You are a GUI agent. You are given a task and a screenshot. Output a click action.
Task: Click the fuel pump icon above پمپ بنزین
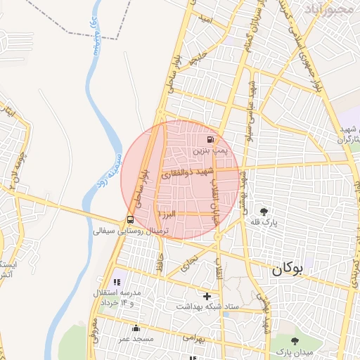pyautogui.click(x=212, y=140)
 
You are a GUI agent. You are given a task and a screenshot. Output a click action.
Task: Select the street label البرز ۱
pyautogui.click(x=171, y=212)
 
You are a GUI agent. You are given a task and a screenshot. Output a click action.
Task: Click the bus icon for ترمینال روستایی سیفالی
pyautogui.click(x=129, y=219)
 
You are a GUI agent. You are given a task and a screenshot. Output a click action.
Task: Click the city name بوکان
pyautogui.click(x=290, y=268)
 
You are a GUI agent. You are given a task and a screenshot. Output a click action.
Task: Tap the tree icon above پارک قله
pyautogui.click(x=264, y=211)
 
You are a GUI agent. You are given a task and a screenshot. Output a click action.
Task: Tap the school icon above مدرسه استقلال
pyautogui.click(x=117, y=282)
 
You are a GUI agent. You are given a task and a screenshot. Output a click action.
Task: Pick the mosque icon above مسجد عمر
pyautogui.click(x=136, y=328)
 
